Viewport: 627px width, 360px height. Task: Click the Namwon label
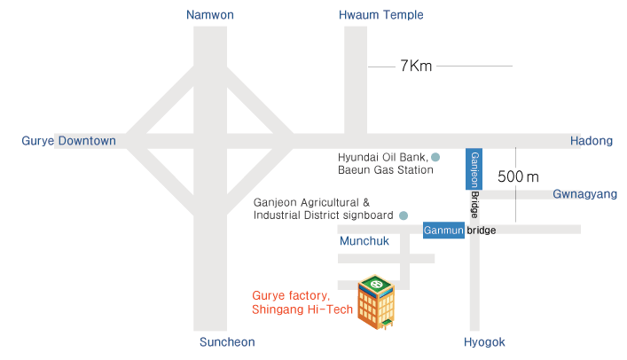[x=210, y=15]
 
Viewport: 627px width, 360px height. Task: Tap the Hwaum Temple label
[x=381, y=15]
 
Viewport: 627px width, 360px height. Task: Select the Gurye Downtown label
[x=69, y=141]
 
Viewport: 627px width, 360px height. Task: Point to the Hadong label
[x=592, y=141]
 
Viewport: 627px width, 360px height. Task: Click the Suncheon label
[x=225, y=342]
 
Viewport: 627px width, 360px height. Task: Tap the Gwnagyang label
[x=584, y=194]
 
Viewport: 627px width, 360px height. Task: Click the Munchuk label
[x=364, y=241]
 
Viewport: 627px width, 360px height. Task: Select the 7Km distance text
[x=416, y=66]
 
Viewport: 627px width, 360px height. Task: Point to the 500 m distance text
[x=519, y=176]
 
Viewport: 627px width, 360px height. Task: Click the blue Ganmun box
[x=443, y=231]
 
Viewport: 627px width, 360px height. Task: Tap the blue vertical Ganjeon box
[x=474, y=168]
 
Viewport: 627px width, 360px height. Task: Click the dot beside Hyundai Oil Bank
[x=435, y=156]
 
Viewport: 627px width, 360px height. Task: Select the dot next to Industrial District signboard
[x=404, y=215]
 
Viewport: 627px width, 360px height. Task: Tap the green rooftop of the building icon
[x=375, y=285]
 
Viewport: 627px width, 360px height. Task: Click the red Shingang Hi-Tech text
[x=302, y=309]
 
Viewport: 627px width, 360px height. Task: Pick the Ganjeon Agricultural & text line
[x=317, y=202]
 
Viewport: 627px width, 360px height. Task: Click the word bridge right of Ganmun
[x=482, y=231]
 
